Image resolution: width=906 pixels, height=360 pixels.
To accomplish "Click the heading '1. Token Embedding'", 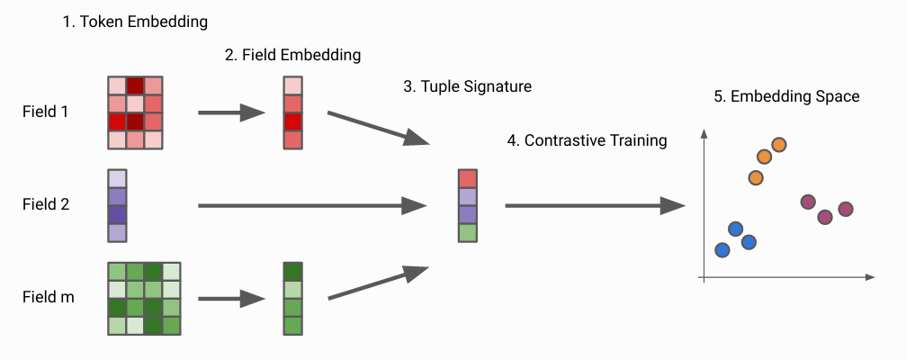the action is [x=135, y=22].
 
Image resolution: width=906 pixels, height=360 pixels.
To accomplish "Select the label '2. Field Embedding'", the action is [x=293, y=55].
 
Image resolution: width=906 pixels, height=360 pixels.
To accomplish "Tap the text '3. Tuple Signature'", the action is [x=468, y=86].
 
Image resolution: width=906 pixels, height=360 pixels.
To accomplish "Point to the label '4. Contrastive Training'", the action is [x=587, y=140].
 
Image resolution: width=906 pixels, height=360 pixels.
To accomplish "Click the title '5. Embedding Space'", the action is [x=787, y=96].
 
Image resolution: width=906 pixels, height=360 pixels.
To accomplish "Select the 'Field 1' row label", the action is [x=46, y=112].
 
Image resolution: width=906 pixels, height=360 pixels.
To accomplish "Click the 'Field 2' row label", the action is [x=46, y=204].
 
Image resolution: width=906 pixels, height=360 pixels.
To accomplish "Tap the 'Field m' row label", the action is [x=49, y=298].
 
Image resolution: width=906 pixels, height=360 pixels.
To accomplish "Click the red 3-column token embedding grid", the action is [x=135, y=112].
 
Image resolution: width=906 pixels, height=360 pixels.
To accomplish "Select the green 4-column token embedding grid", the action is [x=145, y=298].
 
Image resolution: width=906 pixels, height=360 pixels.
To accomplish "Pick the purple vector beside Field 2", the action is [x=117, y=206].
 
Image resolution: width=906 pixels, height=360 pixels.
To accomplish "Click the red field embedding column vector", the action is [x=293, y=112].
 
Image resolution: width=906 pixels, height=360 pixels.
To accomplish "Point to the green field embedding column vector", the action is [x=293, y=298].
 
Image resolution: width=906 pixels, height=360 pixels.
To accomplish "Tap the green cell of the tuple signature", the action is [x=468, y=233].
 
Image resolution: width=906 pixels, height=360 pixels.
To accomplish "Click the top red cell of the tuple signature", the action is [x=468, y=178].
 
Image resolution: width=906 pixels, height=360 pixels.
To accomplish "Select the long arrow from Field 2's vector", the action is [x=312, y=206].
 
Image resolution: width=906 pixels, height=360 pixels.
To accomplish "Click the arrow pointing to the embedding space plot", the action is [x=595, y=206].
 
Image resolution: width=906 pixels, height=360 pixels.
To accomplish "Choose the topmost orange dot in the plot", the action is [x=779, y=145].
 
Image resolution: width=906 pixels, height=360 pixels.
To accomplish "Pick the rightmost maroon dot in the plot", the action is [x=846, y=209].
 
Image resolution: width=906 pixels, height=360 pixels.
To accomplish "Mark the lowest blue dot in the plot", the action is [x=722, y=250].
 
